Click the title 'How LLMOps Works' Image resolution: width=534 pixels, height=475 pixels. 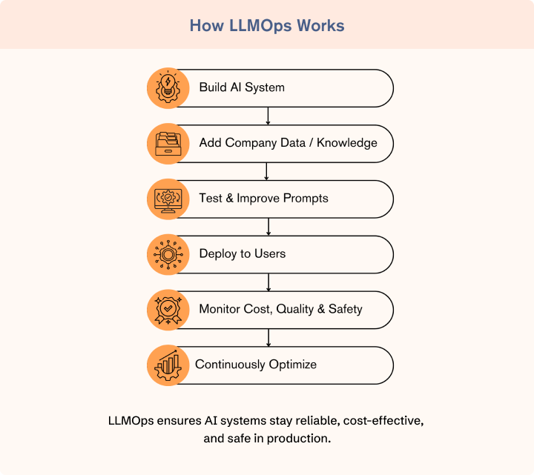tap(267, 25)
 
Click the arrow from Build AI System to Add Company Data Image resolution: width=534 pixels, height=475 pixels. tap(268, 116)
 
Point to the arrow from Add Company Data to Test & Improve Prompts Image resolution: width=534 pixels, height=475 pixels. tap(268, 171)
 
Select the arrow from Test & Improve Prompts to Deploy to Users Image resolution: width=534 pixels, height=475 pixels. tap(268, 227)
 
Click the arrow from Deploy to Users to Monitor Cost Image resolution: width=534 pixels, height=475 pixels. tap(268, 282)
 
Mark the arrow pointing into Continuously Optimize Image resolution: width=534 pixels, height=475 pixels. tap(268, 337)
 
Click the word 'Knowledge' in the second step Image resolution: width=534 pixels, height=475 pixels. tap(347, 143)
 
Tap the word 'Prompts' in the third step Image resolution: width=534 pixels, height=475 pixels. tap(304, 199)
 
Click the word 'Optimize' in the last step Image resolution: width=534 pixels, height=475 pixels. tap(292, 365)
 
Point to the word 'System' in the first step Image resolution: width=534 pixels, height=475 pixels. tap(266, 87)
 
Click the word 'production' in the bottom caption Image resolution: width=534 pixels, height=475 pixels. tap(295, 439)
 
